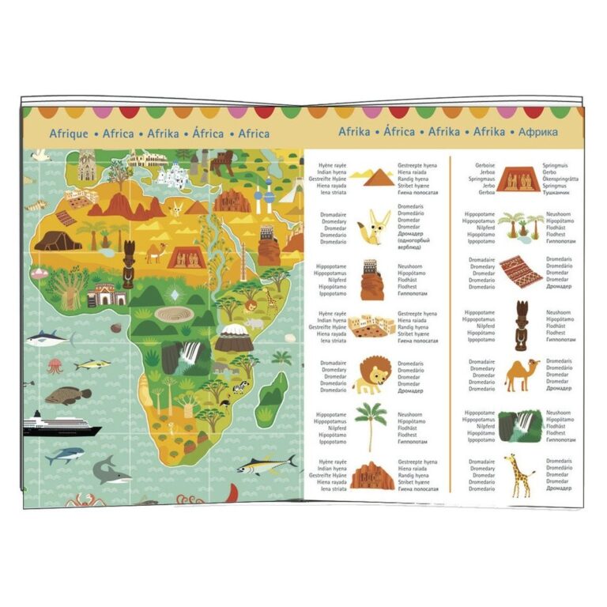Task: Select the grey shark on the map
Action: click(x=111, y=472)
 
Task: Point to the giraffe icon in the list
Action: click(x=520, y=475)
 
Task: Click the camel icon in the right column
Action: click(x=522, y=374)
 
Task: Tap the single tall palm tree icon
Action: click(x=370, y=424)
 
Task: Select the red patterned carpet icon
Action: click(x=521, y=272)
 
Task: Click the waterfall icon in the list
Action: click(x=520, y=424)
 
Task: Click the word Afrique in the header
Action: click(x=69, y=134)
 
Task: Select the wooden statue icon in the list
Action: click(x=522, y=325)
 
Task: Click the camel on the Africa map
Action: click(x=155, y=252)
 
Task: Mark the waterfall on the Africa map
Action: click(x=190, y=356)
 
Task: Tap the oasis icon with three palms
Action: click(x=521, y=224)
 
